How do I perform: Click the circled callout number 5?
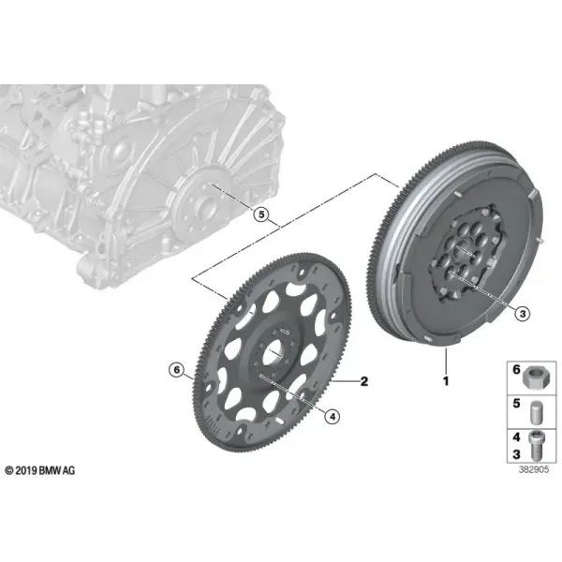tap(261, 214)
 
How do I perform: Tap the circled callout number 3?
tap(523, 314)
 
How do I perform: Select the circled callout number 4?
tap(333, 417)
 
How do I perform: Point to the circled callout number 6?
tap(177, 370)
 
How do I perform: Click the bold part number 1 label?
tap(446, 381)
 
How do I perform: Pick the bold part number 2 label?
tap(364, 381)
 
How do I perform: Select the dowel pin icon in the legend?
tap(536, 411)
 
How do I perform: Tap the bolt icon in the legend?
tap(536, 446)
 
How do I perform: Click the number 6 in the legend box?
tap(516, 369)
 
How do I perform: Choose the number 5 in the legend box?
tap(516, 403)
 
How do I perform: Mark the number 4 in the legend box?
tap(516, 436)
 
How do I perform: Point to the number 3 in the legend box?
tap(516, 454)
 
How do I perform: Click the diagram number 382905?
tap(534, 469)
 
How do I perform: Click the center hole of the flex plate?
tap(274, 353)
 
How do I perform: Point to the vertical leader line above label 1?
tap(446, 361)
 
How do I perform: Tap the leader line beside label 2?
tap(346, 382)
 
